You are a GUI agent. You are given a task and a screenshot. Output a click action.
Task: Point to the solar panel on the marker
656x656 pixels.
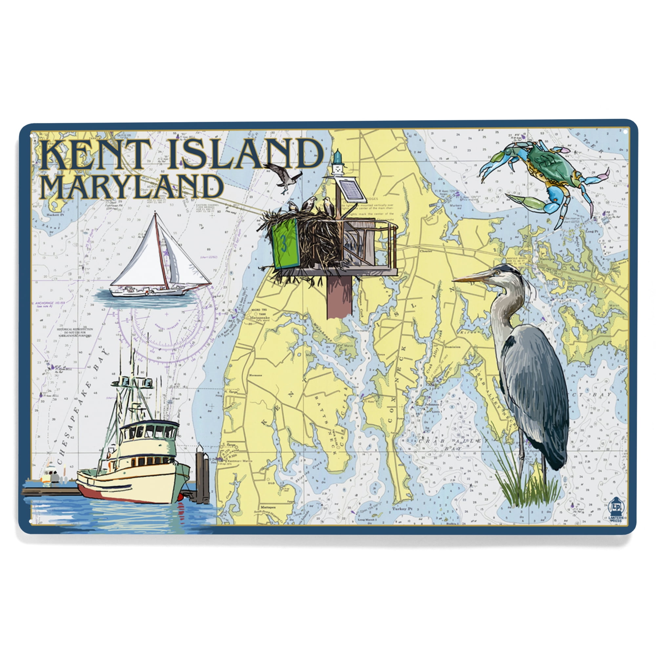point(351,191)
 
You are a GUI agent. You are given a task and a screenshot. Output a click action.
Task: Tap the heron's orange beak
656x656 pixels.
point(470,279)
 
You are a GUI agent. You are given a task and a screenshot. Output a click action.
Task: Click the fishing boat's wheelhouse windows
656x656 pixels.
point(149,431)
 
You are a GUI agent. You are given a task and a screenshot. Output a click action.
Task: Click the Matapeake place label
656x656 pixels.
point(259,318)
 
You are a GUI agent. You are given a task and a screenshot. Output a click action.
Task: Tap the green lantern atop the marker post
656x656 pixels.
point(338,157)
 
